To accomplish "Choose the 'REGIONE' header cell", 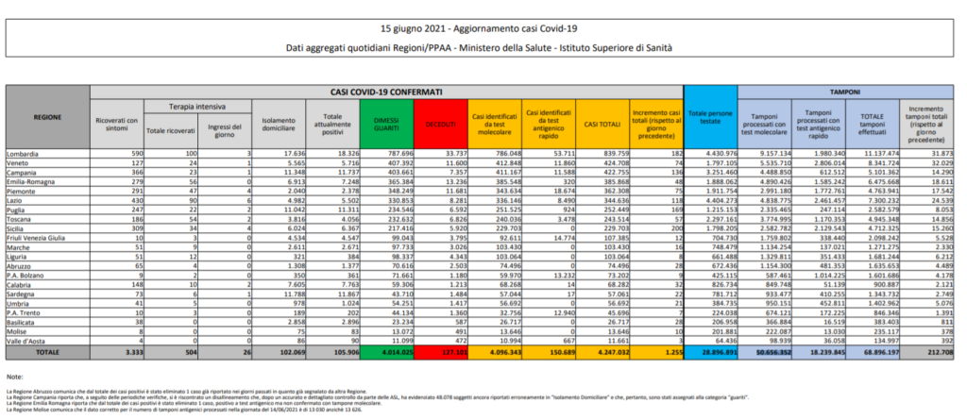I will (x=46, y=117).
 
